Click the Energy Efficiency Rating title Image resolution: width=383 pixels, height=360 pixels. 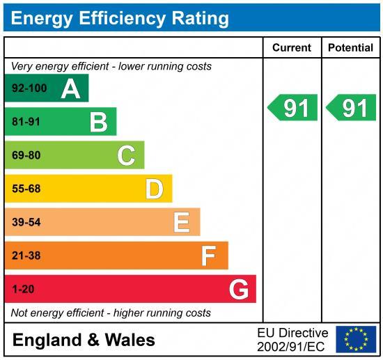119,17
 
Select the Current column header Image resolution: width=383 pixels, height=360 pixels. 291,48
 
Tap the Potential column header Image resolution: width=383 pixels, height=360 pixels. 350,48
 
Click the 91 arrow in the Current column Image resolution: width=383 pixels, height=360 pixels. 292,108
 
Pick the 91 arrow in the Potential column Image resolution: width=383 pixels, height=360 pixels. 352,108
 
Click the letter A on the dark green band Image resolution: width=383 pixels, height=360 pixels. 70,88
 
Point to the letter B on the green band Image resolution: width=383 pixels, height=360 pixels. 99,123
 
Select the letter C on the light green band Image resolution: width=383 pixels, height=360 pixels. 126,155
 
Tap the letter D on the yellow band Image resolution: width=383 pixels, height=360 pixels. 154,189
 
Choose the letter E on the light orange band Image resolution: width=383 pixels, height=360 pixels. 182,222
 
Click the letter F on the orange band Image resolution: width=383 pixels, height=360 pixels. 209,256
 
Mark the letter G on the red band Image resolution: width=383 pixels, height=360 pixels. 238,289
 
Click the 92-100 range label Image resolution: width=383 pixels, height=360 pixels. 29,88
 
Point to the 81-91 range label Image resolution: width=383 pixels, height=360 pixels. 26,122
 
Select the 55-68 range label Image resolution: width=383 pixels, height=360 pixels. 26,189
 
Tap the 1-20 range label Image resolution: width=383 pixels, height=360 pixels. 23,289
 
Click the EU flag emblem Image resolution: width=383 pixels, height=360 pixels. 355,339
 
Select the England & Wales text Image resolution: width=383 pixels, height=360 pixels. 84,340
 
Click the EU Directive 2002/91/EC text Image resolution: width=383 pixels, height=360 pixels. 292,339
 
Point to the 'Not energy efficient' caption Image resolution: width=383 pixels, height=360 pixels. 111,313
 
